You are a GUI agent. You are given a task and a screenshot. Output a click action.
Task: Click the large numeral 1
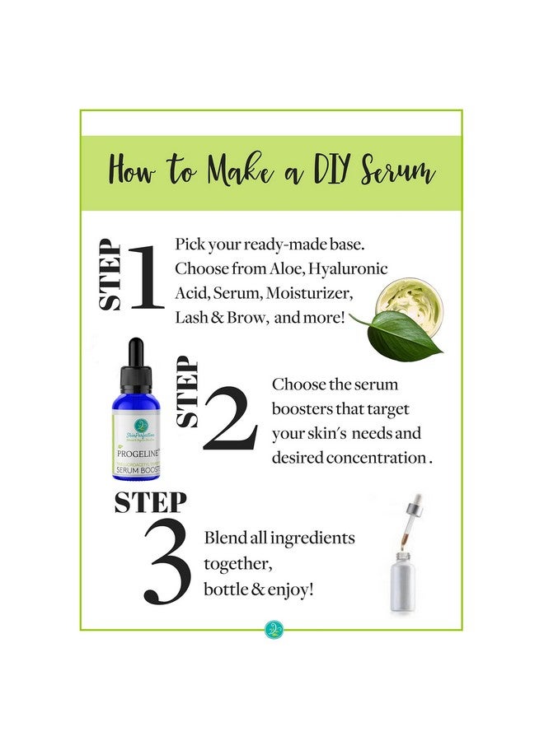point(148,276)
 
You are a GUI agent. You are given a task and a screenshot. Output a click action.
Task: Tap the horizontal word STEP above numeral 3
point(151,501)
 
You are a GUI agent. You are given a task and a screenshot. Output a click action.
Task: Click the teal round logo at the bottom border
point(273,631)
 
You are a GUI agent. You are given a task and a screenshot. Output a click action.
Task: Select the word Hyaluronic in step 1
point(346,268)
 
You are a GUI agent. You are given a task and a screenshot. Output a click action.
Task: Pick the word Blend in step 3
point(226,538)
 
